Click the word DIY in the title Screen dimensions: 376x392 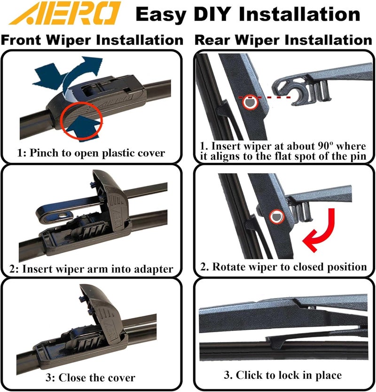click(x=211, y=14)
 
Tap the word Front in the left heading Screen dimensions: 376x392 click(x=21, y=40)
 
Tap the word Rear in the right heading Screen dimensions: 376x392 click(x=212, y=40)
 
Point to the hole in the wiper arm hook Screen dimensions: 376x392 click(x=61, y=215)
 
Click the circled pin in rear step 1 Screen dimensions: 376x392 click(x=250, y=102)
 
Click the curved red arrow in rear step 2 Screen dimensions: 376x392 click(x=320, y=230)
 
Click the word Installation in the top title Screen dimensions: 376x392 click(x=299, y=14)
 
